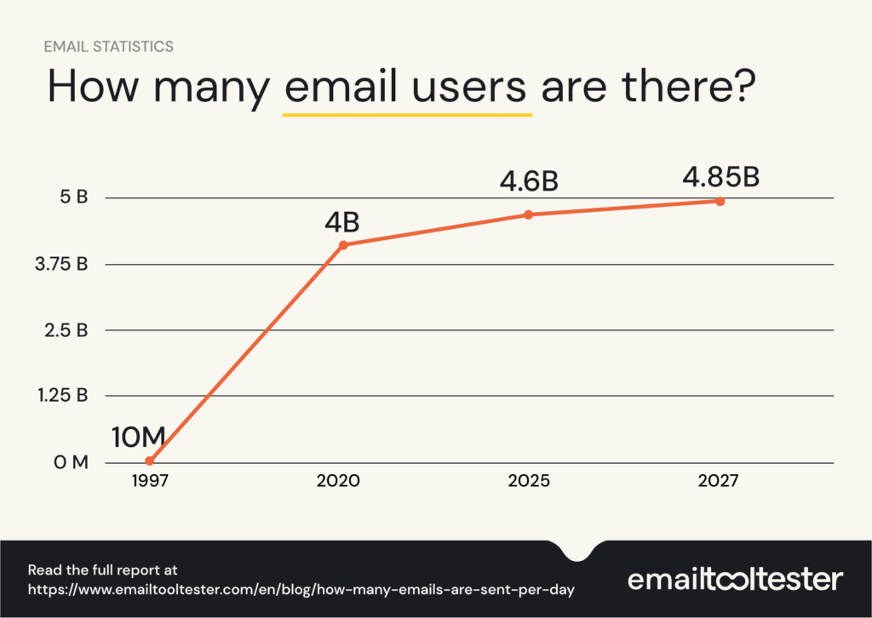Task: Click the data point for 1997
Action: point(150,461)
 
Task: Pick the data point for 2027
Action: point(720,201)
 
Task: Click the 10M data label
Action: point(138,436)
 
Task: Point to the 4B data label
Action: point(341,222)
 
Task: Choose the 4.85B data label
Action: point(720,178)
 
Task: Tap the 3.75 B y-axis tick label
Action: point(60,264)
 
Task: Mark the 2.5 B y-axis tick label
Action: point(66,329)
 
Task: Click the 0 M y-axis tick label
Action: point(70,462)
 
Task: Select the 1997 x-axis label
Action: point(150,481)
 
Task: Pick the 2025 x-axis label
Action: point(528,481)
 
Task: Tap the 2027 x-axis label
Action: point(720,481)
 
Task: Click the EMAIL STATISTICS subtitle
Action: point(108,47)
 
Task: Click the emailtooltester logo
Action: point(735,580)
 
